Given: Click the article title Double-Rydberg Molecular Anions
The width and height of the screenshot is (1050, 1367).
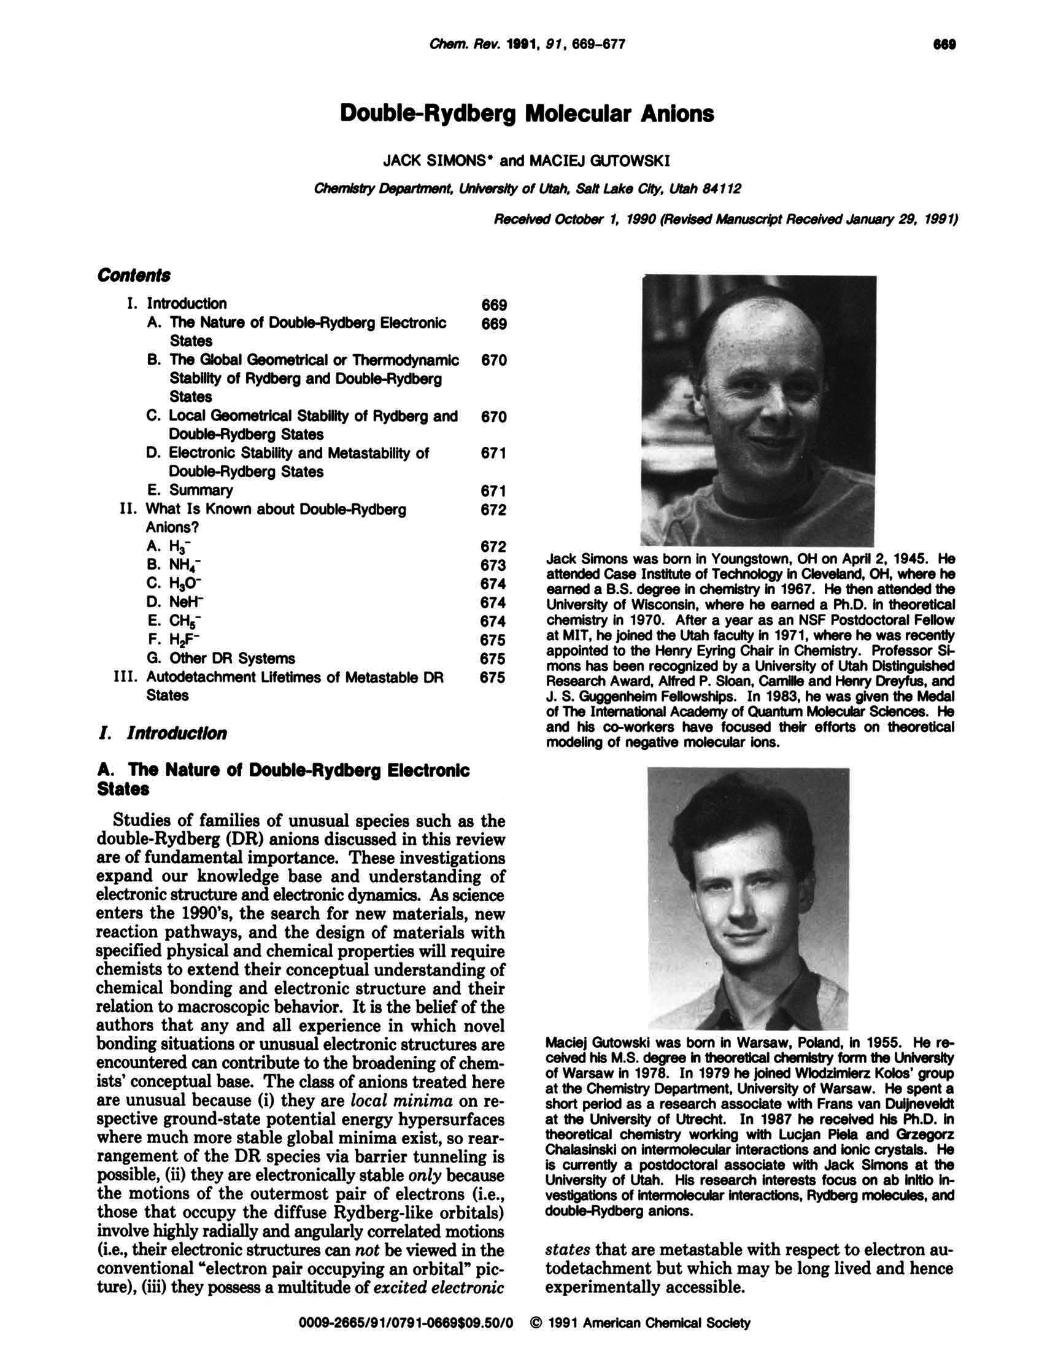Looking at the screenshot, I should (527, 114).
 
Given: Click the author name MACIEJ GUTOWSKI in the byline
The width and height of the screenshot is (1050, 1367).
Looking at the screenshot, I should (600, 161).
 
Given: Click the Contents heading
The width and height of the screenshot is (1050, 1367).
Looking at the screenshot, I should (134, 276).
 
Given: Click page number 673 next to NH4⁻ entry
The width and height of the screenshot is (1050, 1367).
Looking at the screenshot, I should (493, 566).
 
